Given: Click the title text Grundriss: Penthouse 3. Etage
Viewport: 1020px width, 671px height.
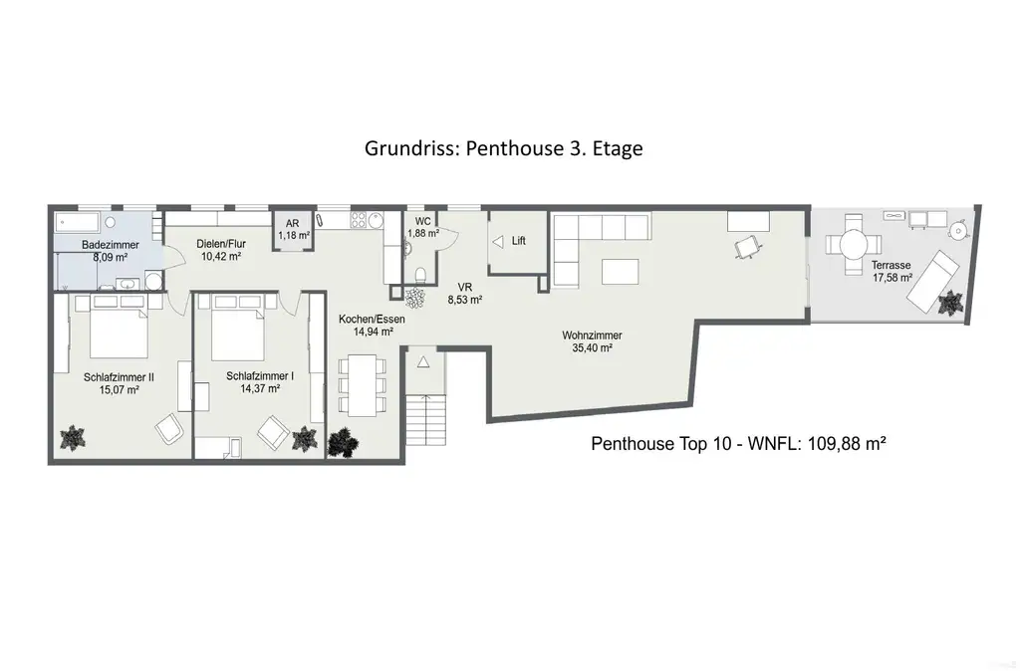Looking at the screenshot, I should (x=503, y=148).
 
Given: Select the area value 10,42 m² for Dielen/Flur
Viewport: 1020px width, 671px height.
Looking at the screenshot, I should (x=221, y=257).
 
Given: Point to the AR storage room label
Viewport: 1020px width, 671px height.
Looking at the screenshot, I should (x=293, y=225).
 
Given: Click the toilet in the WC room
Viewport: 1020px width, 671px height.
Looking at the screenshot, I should (x=420, y=275).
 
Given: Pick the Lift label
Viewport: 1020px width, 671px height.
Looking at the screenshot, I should (x=518, y=241).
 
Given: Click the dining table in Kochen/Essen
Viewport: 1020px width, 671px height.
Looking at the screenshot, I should (x=359, y=384).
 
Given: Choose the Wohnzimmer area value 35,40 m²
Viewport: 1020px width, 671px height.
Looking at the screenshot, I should (x=592, y=349).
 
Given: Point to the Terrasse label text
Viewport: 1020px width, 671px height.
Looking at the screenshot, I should (x=891, y=265).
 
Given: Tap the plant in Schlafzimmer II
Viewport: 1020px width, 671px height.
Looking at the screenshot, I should (x=73, y=436).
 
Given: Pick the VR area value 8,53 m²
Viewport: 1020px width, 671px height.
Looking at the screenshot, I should (x=463, y=299).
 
